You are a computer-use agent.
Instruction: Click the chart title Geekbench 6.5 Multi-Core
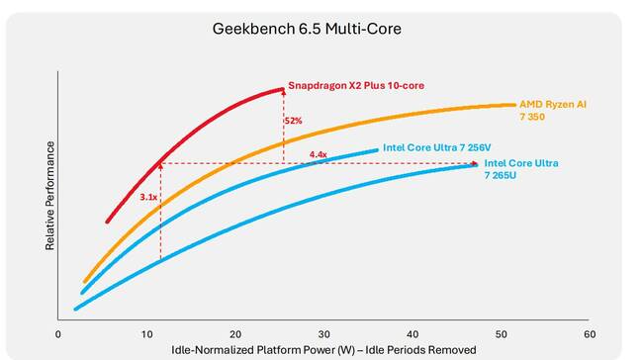click(x=307, y=29)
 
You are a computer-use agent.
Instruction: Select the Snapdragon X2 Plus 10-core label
click(x=356, y=86)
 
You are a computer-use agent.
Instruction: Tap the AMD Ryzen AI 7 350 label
click(x=560, y=110)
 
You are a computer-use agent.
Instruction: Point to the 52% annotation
click(x=293, y=121)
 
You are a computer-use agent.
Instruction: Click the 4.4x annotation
click(x=318, y=155)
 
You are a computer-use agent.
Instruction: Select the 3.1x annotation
click(x=148, y=198)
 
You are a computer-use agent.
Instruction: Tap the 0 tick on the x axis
click(x=58, y=334)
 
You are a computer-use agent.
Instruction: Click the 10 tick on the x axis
click(x=146, y=334)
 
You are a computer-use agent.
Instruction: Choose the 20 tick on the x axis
click(x=235, y=334)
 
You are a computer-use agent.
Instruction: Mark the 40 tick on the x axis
click(x=412, y=334)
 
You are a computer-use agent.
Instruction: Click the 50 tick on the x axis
click(x=502, y=334)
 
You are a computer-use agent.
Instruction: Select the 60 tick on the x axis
click(x=590, y=334)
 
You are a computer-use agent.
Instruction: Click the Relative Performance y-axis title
click(x=49, y=195)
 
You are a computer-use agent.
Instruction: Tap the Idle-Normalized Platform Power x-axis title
click(x=323, y=350)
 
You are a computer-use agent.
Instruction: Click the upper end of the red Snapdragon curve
click(x=283, y=89)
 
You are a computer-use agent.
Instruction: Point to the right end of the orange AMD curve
click(x=515, y=104)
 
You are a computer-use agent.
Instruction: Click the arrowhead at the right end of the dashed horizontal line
click(x=478, y=164)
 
